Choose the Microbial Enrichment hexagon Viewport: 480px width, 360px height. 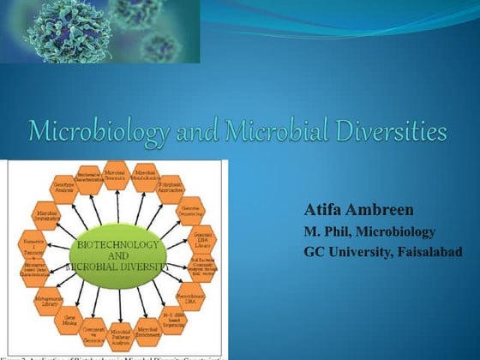147,330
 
